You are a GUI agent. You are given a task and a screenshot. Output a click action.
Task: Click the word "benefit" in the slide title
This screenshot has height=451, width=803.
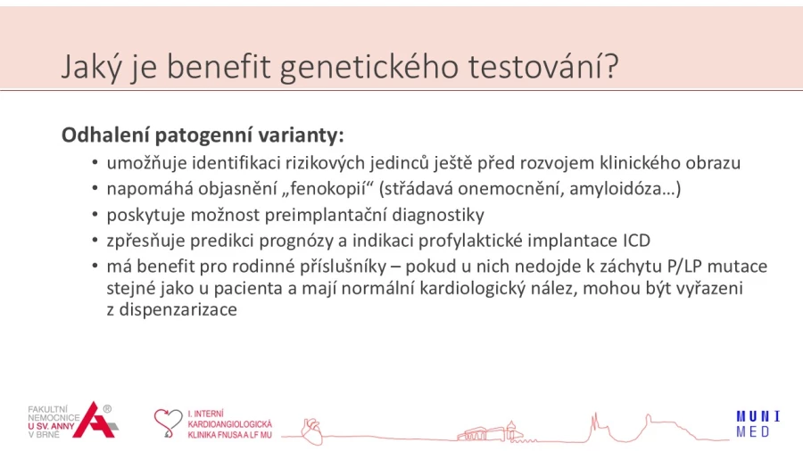(x=219, y=66)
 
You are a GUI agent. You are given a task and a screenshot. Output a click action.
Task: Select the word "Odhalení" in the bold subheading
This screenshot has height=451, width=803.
(x=105, y=135)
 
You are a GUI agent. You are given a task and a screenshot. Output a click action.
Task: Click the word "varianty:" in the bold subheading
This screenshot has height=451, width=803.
(x=302, y=135)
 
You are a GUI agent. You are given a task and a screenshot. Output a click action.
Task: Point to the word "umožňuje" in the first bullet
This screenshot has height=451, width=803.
(x=146, y=163)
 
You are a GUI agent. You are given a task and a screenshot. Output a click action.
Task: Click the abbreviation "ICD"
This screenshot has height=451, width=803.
(x=636, y=241)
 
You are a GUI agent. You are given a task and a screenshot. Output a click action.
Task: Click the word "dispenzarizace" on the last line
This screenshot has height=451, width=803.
(x=178, y=309)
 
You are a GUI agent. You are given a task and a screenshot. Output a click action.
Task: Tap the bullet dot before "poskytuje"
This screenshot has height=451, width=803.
(x=95, y=214)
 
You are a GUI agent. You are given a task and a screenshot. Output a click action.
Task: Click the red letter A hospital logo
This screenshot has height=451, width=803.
(x=94, y=420)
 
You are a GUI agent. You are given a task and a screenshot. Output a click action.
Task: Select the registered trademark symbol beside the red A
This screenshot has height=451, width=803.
(x=108, y=408)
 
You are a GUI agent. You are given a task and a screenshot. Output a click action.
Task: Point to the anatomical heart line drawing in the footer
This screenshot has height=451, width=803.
(x=310, y=431)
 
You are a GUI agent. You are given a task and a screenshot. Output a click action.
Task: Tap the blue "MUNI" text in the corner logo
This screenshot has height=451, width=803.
(x=757, y=417)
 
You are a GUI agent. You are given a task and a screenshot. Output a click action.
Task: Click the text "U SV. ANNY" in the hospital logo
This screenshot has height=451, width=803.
(x=51, y=426)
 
